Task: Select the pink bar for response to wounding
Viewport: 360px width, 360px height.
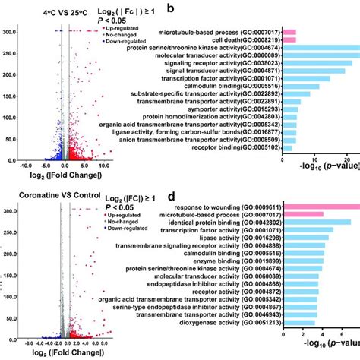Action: coord(320,206)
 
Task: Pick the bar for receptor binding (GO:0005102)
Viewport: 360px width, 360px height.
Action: coord(287,148)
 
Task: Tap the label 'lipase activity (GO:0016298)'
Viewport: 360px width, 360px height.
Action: coord(238,237)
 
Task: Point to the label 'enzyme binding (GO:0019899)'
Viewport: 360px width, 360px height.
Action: coord(238,259)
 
